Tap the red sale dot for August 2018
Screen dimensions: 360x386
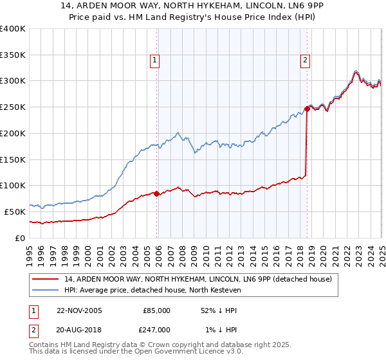coord(307,109)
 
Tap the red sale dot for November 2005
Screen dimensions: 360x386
coord(157,193)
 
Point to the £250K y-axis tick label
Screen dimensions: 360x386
coord(13,107)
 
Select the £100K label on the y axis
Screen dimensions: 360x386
coord(13,185)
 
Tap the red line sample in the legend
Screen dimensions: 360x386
coord(45,279)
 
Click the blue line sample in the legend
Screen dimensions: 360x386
coord(45,291)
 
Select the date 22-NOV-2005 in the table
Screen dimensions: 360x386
coord(79,310)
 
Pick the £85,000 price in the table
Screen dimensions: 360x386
coord(156,310)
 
